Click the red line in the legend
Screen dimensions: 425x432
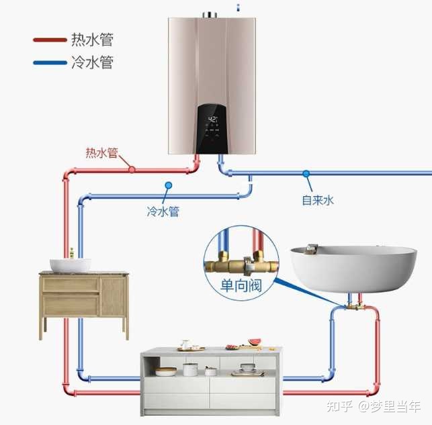click(49, 40)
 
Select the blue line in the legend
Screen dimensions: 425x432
click(49, 63)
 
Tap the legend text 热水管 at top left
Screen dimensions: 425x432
click(91, 40)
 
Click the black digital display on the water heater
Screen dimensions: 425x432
click(214, 128)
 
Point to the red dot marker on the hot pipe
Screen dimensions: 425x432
click(132, 169)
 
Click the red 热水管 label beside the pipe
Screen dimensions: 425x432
click(101, 153)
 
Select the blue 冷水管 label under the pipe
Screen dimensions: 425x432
click(163, 211)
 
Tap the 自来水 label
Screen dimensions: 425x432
click(317, 199)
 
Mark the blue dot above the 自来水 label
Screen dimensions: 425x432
click(306, 174)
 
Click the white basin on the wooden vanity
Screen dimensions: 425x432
click(71, 265)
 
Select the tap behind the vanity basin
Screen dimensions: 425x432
click(71, 253)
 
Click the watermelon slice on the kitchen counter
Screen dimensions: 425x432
click(253, 343)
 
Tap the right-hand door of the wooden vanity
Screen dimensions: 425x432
click(113, 296)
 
